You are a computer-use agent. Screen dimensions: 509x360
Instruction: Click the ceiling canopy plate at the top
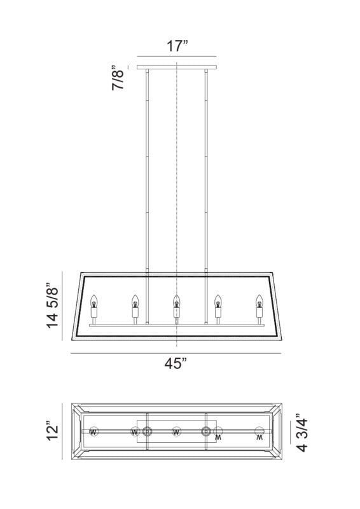pyautogui.click(x=176, y=67)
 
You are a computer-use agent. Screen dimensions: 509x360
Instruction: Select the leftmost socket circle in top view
pyautogui.click(x=94, y=432)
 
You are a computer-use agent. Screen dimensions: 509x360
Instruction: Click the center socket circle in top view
pyautogui.click(x=176, y=432)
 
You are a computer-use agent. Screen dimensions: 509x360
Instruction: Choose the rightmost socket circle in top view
pyautogui.click(x=258, y=432)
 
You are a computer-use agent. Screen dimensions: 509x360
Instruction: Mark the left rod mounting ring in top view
pyautogui.click(x=147, y=432)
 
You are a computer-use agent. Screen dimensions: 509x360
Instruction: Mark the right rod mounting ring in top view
pyautogui.click(x=206, y=432)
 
